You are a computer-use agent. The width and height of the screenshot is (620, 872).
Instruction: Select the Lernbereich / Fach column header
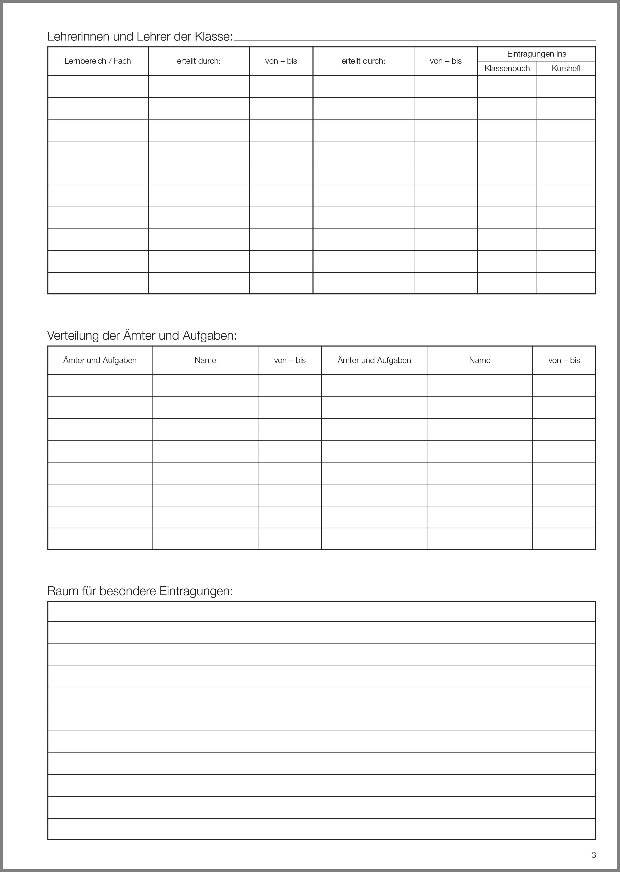[x=98, y=61]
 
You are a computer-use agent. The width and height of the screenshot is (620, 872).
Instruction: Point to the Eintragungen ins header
[x=536, y=54]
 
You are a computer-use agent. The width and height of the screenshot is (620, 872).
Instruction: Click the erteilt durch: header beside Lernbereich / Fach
[x=199, y=61]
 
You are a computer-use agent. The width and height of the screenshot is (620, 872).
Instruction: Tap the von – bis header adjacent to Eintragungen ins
[x=445, y=61]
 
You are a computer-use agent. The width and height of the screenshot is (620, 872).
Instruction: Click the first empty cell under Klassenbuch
[x=507, y=87]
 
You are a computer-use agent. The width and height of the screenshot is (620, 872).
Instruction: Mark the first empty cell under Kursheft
[x=566, y=87]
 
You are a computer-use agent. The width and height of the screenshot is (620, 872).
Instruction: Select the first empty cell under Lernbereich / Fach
[x=98, y=87]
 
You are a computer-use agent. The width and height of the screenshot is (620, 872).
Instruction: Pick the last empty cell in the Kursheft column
[x=566, y=283]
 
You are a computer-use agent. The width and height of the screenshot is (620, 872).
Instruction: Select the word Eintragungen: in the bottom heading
[x=196, y=591]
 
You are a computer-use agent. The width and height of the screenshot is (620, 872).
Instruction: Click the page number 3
[x=594, y=855]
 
